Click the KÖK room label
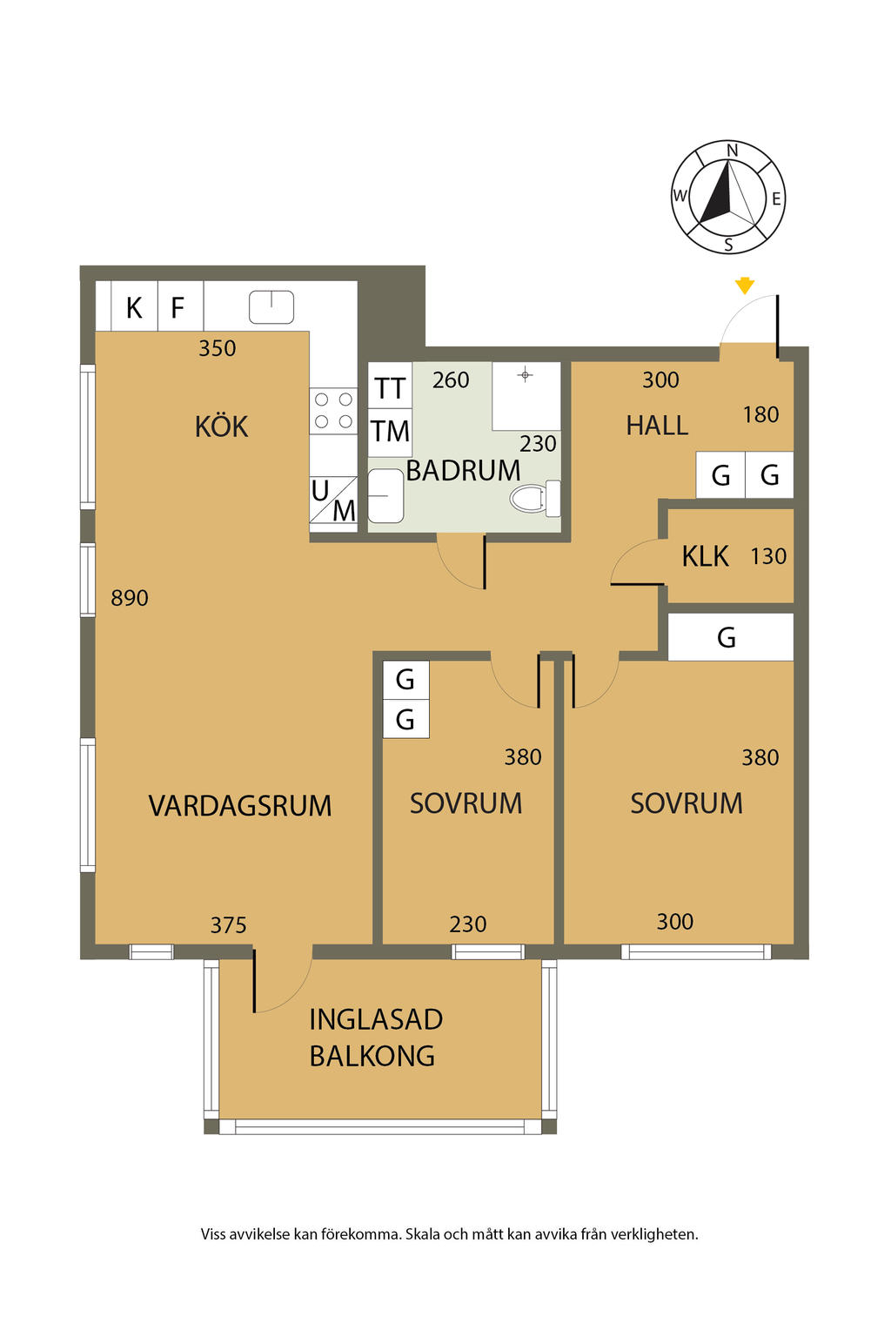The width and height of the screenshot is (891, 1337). coord(221,427)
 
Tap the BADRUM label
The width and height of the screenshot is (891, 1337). coord(463,470)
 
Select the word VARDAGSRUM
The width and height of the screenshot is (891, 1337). coord(240,805)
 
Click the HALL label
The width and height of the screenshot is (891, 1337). coord(657,425)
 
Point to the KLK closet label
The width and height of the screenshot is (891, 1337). coord(705,556)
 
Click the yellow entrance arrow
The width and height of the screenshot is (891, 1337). coord(744,286)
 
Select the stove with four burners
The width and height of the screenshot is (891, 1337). coord(334,411)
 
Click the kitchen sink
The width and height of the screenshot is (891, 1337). coord(271,306)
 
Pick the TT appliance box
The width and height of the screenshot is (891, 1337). coord(390,388)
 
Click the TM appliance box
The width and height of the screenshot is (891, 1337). coord(390,431)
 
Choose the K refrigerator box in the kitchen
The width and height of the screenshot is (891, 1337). coord(134,307)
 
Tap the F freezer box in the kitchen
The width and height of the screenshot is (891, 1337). coord(178,307)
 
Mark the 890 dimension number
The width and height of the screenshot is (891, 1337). coord(130,598)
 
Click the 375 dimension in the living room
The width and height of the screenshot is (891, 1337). coord(228,925)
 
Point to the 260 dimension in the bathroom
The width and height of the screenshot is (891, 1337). coord(451,380)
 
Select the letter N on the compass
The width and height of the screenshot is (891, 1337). coord(732,151)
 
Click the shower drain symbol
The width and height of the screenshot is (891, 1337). coord(525,375)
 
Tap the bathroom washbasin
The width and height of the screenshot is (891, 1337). coord(385,496)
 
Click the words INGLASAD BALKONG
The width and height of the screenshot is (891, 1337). coord(375,1037)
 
